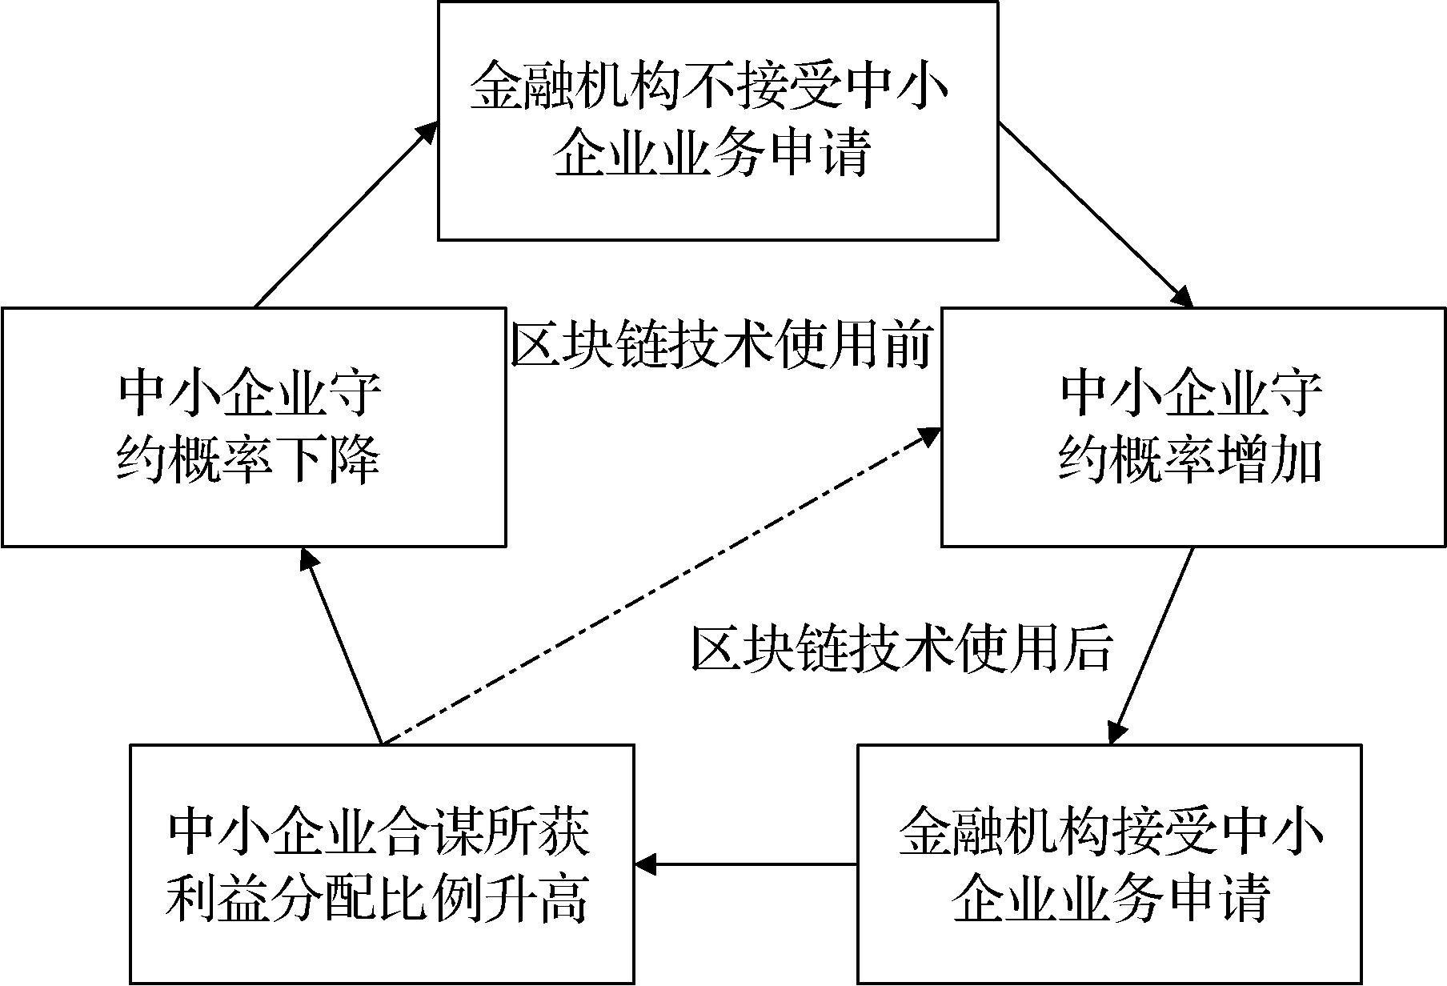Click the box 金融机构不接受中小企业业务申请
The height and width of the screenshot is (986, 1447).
coord(717,120)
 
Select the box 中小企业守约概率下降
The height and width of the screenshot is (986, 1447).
coord(253,427)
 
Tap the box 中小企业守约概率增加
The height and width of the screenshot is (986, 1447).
coord(1192,427)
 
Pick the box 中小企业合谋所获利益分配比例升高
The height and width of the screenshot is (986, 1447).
coord(381,864)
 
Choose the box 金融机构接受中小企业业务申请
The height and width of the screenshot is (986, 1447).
coord(1109,864)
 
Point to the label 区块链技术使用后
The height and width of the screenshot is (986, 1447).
coord(901,647)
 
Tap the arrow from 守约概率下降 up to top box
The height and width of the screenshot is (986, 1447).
coord(344,216)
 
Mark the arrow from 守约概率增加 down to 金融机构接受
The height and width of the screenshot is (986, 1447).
coord(1152,645)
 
